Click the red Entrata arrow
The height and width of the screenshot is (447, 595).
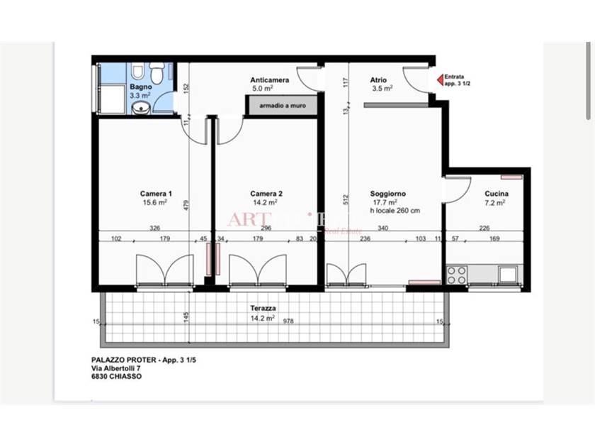(439, 80)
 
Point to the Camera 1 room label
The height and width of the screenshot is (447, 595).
(155, 194)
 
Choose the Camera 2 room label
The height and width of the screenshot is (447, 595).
(266, 194)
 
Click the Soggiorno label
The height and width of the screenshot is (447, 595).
(387, 194)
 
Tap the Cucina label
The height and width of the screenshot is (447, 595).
(496, 194)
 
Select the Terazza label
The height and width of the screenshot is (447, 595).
(263, 309)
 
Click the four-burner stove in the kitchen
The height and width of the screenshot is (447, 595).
(457, 274)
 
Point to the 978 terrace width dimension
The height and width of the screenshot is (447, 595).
(288, 321)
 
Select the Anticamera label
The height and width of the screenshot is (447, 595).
(269, 80)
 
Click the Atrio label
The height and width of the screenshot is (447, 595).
(378, 80)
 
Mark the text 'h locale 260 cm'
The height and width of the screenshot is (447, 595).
(395, 211)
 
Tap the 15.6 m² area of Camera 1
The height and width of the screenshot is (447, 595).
(154, 202)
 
